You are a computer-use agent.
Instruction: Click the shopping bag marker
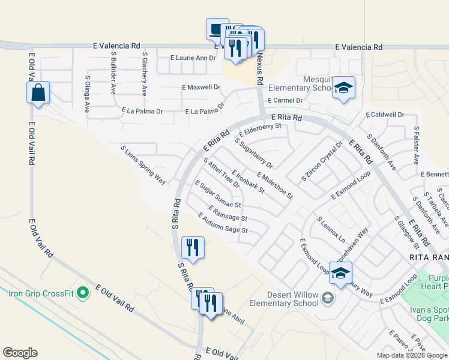pos(38,93)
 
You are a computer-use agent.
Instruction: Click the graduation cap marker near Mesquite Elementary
pos(343,88)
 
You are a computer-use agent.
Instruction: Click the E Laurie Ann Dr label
pos(192,58)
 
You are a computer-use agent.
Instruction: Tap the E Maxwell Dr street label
pos(201,88)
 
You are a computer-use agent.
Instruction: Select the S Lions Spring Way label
pos(143,164)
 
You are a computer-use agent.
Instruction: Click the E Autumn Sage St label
pos(223,223)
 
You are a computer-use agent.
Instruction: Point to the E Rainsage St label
pos(228,213)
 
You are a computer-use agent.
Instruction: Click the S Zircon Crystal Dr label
pos(322,161)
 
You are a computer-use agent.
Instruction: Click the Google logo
pos(20,353)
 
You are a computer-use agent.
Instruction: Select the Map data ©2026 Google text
pos(411,355)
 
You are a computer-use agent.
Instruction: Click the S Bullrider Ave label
pos(113,73)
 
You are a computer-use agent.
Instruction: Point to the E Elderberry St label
pos(260,130)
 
